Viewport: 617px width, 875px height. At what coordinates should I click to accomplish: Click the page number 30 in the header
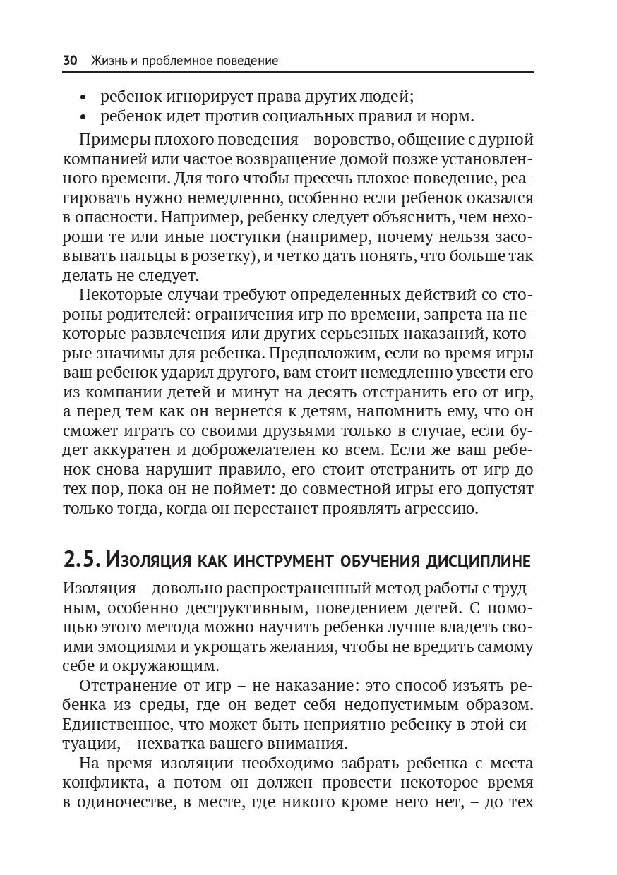70,61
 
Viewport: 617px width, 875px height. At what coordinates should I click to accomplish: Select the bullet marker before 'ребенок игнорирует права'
84,97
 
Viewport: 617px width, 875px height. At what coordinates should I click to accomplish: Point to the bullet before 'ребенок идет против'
84,116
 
